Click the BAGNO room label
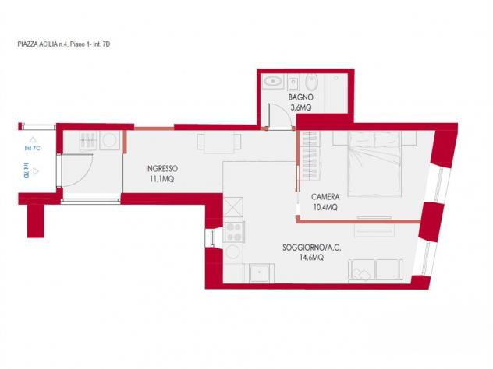(300, 97)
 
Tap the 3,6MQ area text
(301, 107)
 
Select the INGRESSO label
(161, 169)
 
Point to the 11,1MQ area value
(161, 179)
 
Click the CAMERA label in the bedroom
(325, 197)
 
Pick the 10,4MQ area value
(325, 207)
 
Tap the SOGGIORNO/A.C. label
(311, 248)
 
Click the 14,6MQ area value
(311, 258)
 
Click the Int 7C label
(33, 148)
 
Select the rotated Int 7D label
(27, 170)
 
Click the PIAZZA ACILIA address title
(64, 44)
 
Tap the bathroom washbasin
(273, 82)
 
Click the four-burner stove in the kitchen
(233, 232)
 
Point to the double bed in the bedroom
(374, 163)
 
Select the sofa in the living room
(376, 270)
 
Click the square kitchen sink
(260, 272)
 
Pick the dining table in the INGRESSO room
(219, 142)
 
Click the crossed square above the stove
(233, 207)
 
